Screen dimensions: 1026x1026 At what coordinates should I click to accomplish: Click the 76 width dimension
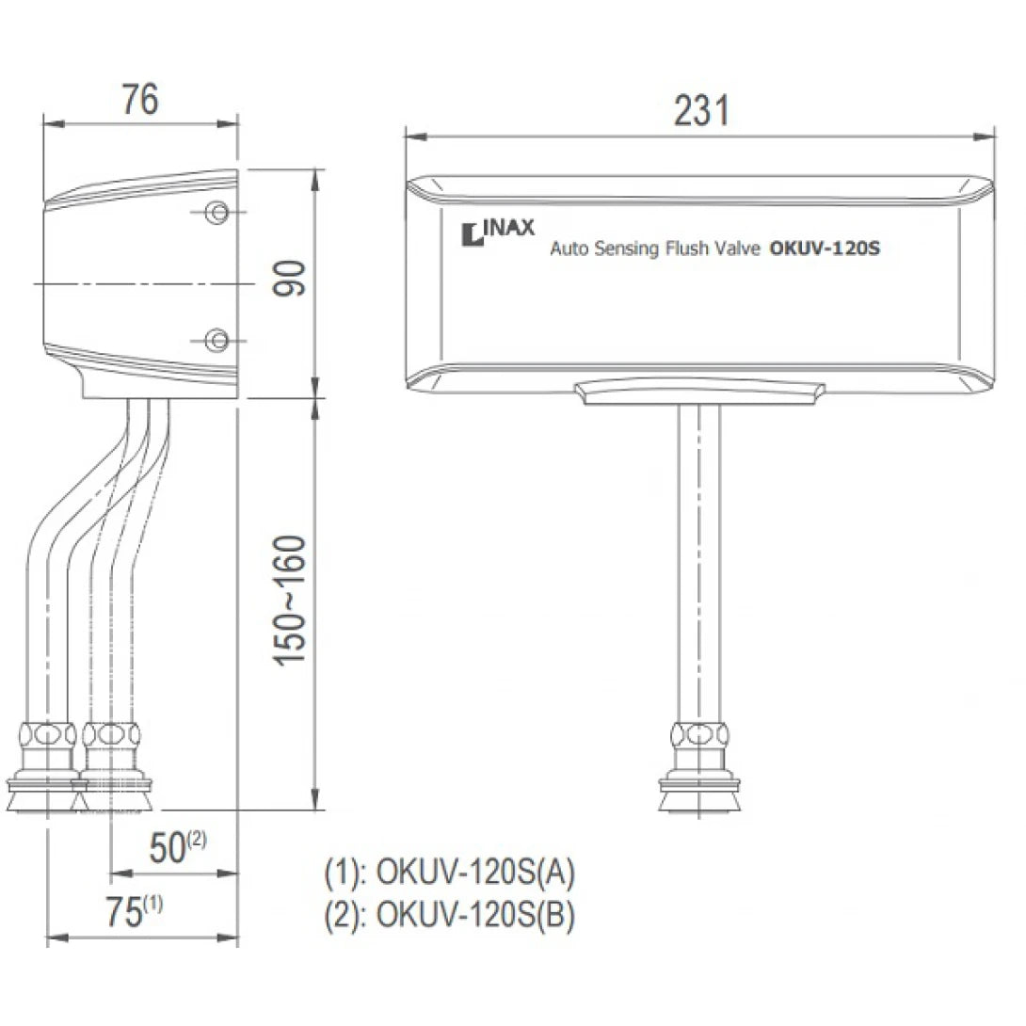[x=140, y=100]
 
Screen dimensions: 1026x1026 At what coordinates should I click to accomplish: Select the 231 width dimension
[x=701, y=111]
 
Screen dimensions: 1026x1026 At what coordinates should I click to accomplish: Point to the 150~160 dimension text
[x=291, y=601]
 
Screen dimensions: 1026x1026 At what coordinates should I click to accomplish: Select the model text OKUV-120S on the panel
[x=825, y=250]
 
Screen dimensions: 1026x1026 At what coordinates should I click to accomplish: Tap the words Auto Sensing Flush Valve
[x=655, y=251]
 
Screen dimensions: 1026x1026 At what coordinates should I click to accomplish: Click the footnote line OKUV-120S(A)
[x=449, y=873]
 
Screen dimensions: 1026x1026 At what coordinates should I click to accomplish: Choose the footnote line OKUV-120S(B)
[x=449, y=914]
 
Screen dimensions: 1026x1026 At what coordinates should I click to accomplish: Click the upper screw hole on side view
[x=217, y=211]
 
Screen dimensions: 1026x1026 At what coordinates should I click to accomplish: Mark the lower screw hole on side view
[x=217, y=338]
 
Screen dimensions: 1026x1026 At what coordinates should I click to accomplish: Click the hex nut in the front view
[x=697, y=733]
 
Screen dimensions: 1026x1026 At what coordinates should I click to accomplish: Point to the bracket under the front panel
[x=699, y=393]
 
